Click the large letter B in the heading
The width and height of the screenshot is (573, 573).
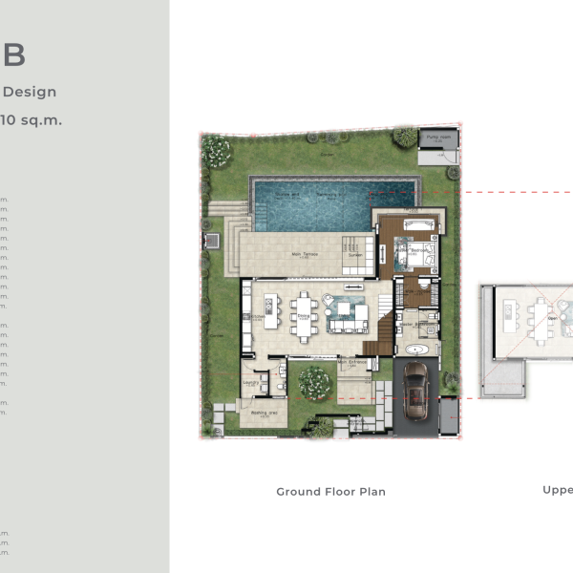pyautogui.click(x=13, y=55)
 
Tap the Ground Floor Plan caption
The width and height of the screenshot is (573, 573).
pyautogui.click(x=330, y=492)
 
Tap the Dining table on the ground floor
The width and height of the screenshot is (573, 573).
pyautogui.click(x=305, y=316)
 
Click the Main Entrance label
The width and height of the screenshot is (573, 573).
pyautogui.click(x=352, y=362)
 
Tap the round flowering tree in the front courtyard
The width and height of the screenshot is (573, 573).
pyautogui.click(x=314, y=383)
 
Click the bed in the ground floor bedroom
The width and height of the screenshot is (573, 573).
pyautogui.click(x=418, y=256)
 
